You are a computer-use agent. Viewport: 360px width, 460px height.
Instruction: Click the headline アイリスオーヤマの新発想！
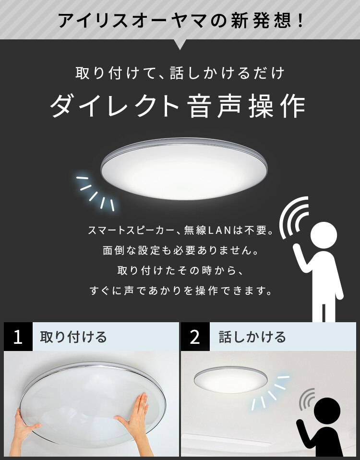coord(180,20)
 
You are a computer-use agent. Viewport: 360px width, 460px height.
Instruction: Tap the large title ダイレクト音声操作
coord(178,106)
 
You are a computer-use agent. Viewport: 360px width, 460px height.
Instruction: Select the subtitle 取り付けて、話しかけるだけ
coord(180,73)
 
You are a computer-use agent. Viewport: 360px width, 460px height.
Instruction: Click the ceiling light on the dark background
coord(183,169)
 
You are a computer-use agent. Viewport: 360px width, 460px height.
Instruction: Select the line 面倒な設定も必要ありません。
coord(180,251)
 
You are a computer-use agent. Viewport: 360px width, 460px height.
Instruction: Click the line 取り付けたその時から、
coord(180,271)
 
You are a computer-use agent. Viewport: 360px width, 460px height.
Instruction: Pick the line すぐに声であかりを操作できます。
coord(180,291)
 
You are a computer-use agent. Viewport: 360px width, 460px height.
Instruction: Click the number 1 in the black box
coord(18,337)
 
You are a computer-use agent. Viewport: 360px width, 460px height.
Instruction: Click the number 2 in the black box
coord(195,337)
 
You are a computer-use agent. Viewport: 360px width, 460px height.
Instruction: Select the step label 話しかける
coord(252,337)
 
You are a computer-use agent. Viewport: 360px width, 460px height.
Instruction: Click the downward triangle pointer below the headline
coord(180,45)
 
